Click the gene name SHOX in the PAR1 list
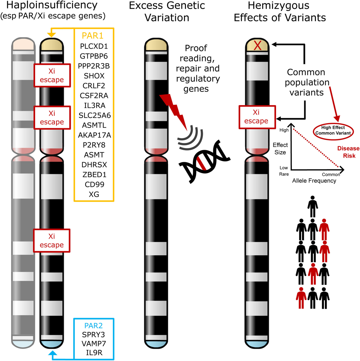(x=94, y=76)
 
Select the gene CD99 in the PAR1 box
(x=94, y=184)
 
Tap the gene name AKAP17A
(x=94, y=135)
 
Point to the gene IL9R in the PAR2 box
(x=94, y=353)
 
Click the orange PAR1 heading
(x=92, y=36)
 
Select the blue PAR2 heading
(x=93, y=326)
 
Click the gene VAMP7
(x=94, y=344)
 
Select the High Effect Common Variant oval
(x=333, y=131)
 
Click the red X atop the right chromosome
(x=257, y=46)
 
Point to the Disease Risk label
(x=348, y=152)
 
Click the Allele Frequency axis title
(x=314, y=181)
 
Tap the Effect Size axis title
(x=280, y=149)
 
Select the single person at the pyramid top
(x=313, y=207)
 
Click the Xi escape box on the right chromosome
(x=257, y=117)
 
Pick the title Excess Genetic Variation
(x=167, y=11)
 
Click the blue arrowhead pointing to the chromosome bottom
(x=53, y=353)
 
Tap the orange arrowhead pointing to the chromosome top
(x=52, y=35)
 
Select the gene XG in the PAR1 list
(x=94, y=194)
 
